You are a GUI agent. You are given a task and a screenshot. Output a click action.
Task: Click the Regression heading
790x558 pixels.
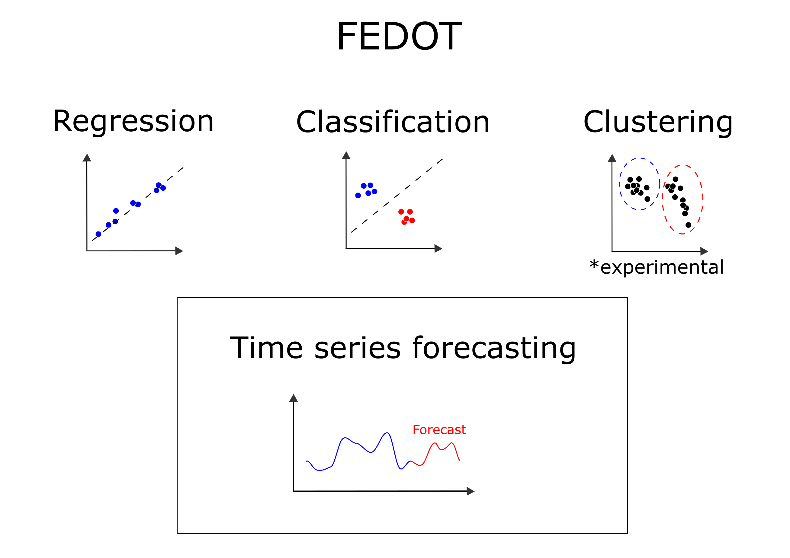click(x=133, y=122)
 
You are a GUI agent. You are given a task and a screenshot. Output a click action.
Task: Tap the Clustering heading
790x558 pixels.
click(x=657, y=123)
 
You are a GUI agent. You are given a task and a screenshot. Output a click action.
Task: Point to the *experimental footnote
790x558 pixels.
click(x=656, y=267)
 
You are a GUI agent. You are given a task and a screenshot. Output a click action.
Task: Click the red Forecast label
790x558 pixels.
click(x=439, y=430)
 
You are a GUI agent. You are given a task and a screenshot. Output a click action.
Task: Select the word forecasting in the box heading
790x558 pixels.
click(x=494, y=349)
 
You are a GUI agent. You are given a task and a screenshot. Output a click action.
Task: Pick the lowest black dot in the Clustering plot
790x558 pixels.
click(x=688, y=225)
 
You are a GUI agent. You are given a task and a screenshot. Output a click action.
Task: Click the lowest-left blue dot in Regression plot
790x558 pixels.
click(x=98, y=234)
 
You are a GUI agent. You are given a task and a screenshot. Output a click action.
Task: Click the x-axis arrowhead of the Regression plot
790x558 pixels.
click(x=179, y=251)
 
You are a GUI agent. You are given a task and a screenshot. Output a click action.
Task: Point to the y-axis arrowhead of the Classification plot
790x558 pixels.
click(x=346, y=155)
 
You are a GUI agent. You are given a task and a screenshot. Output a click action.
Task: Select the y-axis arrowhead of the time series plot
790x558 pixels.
click(x=293, y=398)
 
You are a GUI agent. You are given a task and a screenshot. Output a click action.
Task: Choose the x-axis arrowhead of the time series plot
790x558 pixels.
click(x=471, y=491)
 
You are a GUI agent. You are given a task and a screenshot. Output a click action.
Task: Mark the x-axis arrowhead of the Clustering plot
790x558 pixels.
click(x=704, y=251)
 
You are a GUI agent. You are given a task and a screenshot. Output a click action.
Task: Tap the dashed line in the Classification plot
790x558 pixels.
click(x=397, y=196)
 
